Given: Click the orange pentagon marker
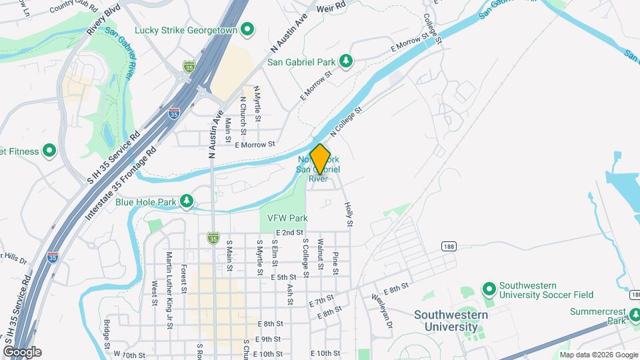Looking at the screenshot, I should coord(321,160).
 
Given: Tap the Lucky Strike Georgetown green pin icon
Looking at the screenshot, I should coord(248,29).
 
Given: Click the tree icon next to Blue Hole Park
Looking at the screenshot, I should coord(187,201).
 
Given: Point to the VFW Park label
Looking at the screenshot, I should coord(287,218).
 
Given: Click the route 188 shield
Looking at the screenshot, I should coord(448,247).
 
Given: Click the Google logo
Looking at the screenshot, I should coord(22,351).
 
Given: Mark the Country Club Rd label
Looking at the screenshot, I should coord(72,7).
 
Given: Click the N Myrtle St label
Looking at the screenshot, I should coord(257,102).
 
